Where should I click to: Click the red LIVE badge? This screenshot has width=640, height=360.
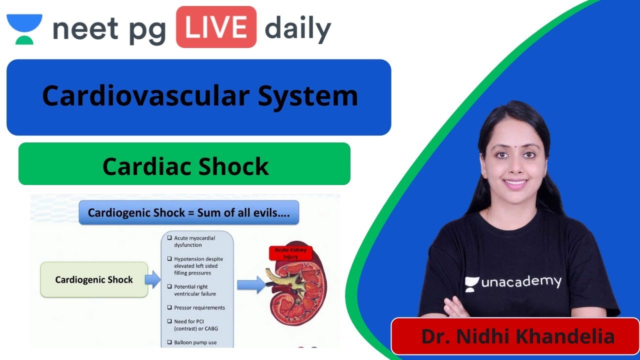pyautogui.click(x=216, y=27)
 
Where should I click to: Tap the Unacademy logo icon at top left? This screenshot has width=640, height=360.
pyautogui.click(x=24, y=29)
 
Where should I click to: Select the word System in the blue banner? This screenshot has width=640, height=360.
pyautogui.click(x=307, y=96)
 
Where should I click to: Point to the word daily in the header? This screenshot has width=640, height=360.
pyautogui.click(x=297, y=29)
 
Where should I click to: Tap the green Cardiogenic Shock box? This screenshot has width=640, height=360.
pyautogui.click(x=94, y=279)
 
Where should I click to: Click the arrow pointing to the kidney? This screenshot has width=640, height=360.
pyautogui.click(x=251, y=284)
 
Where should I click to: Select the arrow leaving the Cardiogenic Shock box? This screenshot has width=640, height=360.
pyautogui.click(x=152, y=279)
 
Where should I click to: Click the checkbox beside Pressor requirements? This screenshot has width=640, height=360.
pyautogui.click(x=169, y=307)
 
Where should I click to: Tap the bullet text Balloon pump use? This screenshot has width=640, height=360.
pyautogui.click(x=196, y=342)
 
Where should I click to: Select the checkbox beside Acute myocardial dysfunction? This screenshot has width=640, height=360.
pyautogui.click(x=169, y=238)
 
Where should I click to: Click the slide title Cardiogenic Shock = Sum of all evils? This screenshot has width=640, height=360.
pyautogui.click(x=189, y=212)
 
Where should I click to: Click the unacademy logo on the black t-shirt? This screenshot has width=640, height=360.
pyautogui.click(x=513, y=282)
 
